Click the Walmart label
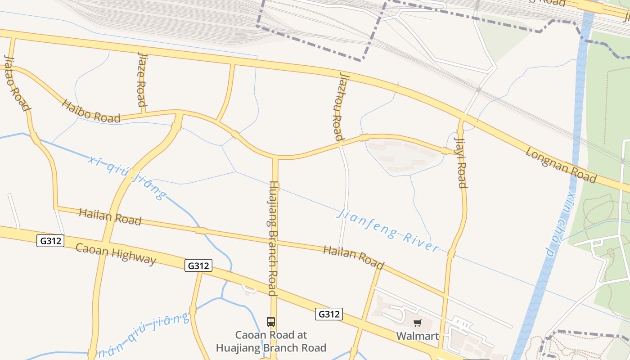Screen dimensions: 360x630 417,336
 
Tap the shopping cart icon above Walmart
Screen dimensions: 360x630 417,323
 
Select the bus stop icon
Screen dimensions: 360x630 271,322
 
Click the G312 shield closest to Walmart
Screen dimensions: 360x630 328,314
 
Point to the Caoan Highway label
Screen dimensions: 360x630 116,255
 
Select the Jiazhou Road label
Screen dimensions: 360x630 338,106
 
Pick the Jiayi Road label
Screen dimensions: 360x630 461,162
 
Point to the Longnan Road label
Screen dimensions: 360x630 561,166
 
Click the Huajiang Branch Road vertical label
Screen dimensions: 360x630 273,238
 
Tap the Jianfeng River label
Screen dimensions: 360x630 387,230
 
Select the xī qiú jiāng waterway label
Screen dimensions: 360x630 127,177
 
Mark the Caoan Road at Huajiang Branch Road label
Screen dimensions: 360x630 271,342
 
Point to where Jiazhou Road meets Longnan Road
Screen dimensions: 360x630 341,72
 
